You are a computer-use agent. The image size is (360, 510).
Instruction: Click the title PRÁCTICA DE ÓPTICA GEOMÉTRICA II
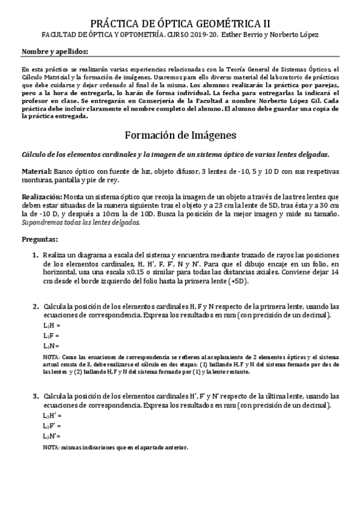[x=180, y=24]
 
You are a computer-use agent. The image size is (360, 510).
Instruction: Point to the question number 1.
[x=36, y=256]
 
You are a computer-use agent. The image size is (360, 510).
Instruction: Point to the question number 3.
[x=36, y=396]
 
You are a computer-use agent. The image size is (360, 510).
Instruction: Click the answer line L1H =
[x=52, y=325]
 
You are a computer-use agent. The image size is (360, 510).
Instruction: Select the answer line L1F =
[x=52, y=336]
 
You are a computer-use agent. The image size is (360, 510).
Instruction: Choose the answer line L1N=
[x=51, y=346]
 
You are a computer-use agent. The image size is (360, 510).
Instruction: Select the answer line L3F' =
[x=52, y=425]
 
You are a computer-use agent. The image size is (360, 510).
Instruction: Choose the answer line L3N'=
[x=52, y=435]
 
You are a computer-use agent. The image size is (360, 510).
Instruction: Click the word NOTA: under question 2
[x=51, y=356]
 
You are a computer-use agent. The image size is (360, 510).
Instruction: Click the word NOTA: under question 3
[x=51, y=447]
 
